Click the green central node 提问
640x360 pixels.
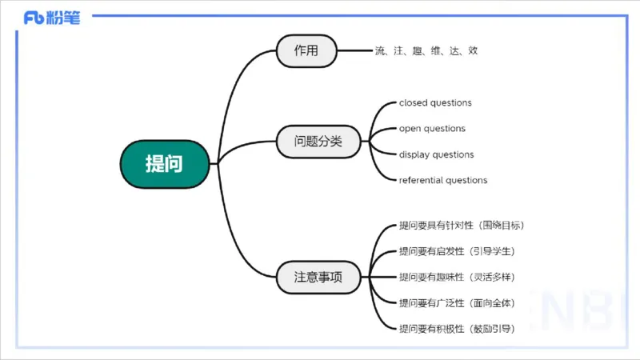[164, 165]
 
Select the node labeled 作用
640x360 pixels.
[306, 51]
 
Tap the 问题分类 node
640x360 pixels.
[318, 142]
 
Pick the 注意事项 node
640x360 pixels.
[318, 278]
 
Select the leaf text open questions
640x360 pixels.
[432, 129]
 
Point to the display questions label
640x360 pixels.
[436, 154]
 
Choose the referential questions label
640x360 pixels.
[443, 181]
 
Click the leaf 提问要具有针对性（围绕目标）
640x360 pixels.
[462, 226]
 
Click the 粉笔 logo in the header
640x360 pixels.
[52, 18]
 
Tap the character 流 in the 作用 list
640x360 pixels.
[379, 51]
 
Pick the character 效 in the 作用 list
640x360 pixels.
[474, 51]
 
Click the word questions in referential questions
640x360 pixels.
[466, 181]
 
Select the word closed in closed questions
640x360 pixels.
[413, 103]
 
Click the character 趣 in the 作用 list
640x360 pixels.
[418, 51]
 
